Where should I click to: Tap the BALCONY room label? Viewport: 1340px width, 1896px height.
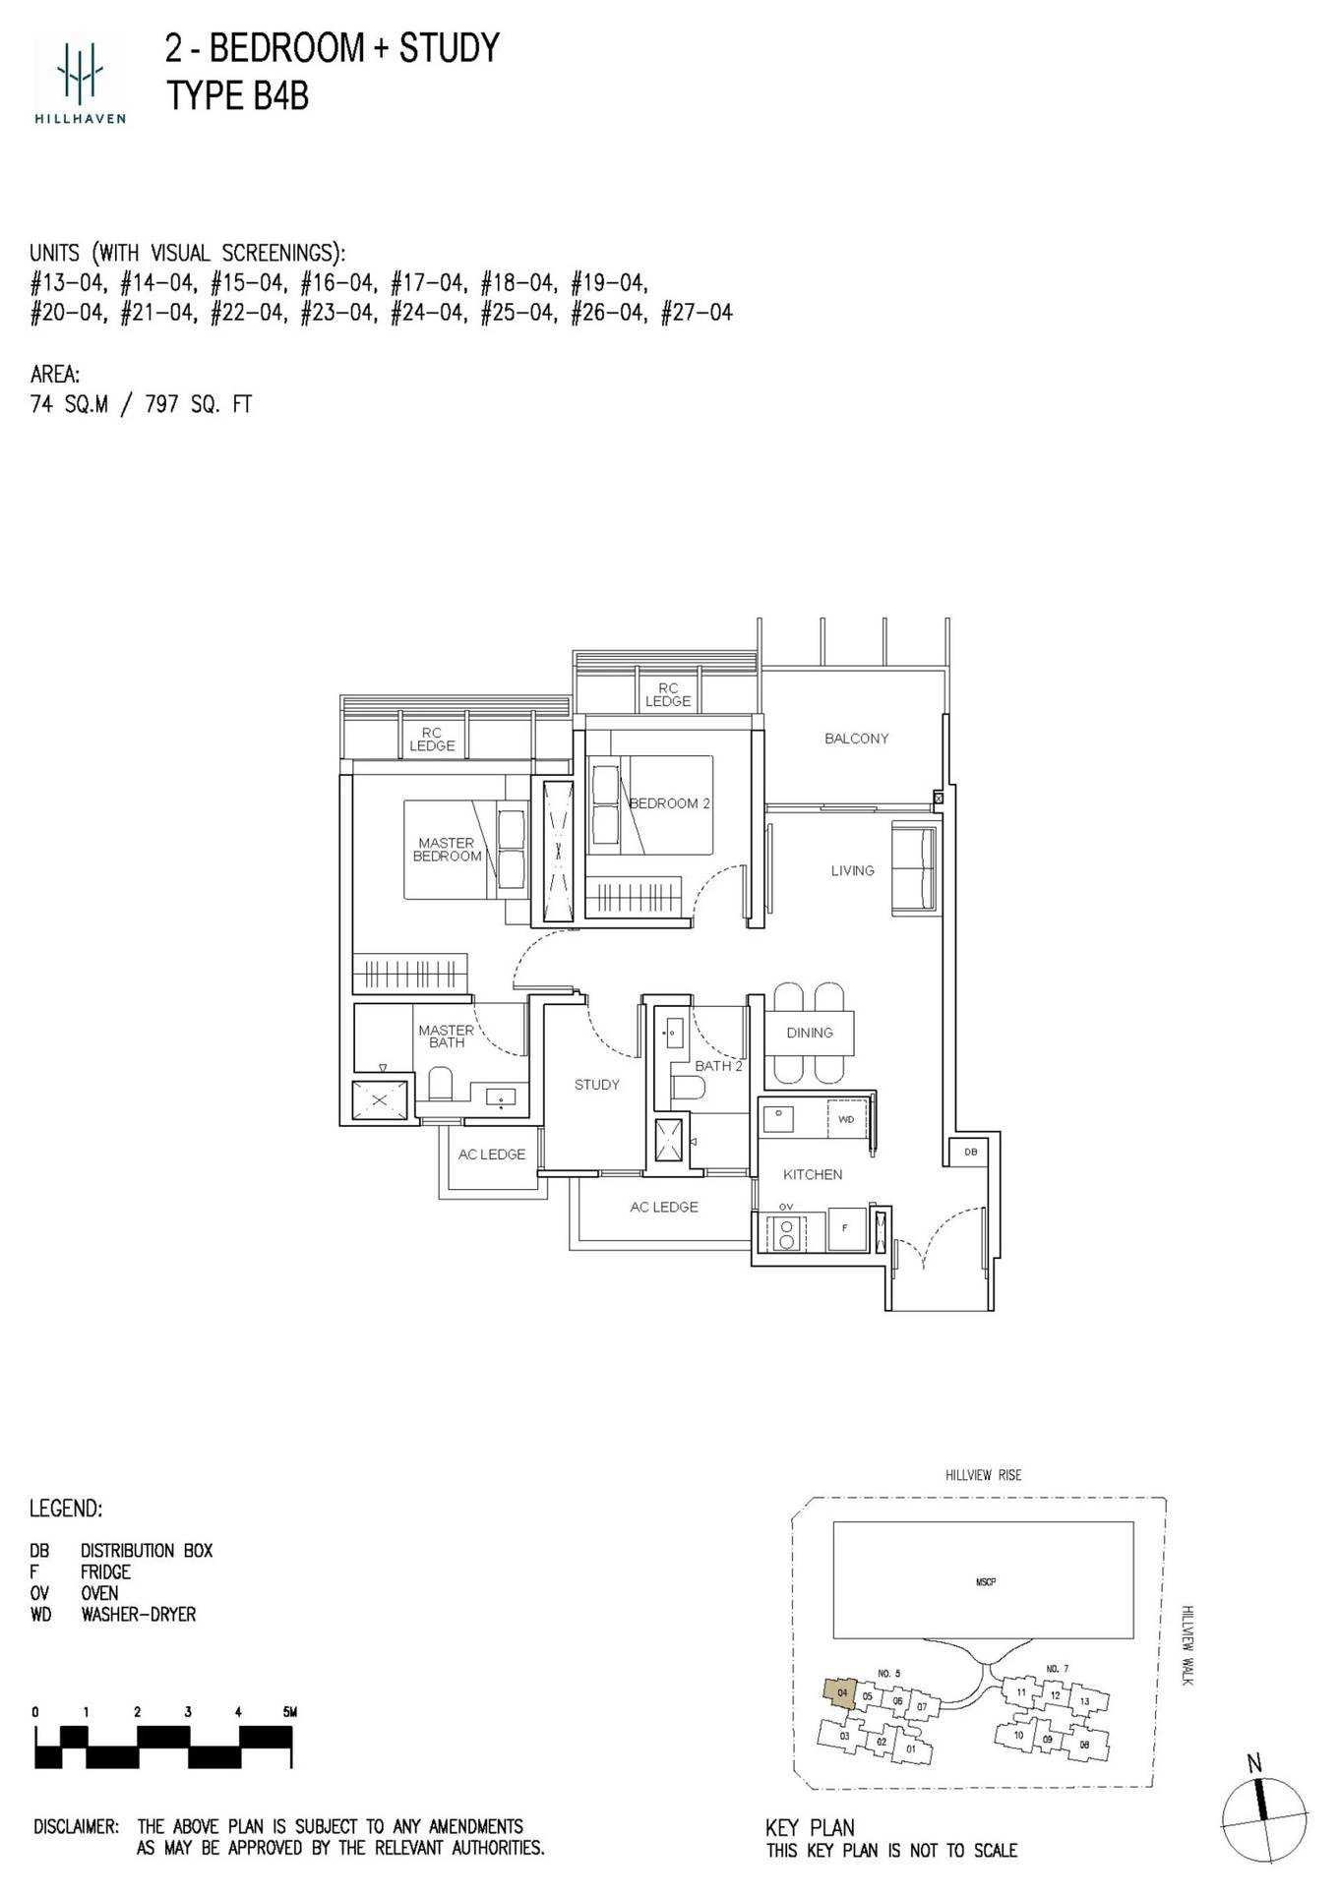click(856, 739)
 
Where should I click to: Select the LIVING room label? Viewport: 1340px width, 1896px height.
click(852, 870)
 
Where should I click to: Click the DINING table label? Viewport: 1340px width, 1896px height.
click(810, 1033)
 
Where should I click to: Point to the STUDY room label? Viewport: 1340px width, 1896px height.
click(597, 1085)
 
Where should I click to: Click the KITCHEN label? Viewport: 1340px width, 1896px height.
click(813, 1174)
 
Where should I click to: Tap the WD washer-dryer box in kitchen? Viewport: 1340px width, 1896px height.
click(846, 1119)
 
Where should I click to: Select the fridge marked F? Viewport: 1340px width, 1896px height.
click(845, 1229)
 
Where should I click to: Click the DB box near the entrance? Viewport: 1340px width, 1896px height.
click(971, 1152)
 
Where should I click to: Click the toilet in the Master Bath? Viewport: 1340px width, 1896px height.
click(440, 1086)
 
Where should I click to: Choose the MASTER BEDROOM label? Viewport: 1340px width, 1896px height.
click(447, 850)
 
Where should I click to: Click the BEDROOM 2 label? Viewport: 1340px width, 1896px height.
click(669, 803)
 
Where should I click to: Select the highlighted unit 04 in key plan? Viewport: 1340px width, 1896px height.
click(840, 1692)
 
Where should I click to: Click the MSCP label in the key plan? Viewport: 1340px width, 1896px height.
click(985, 1582)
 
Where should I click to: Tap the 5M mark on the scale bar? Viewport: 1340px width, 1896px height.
click(289, 1712)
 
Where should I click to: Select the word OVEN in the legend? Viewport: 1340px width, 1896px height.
click(99, 1593)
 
